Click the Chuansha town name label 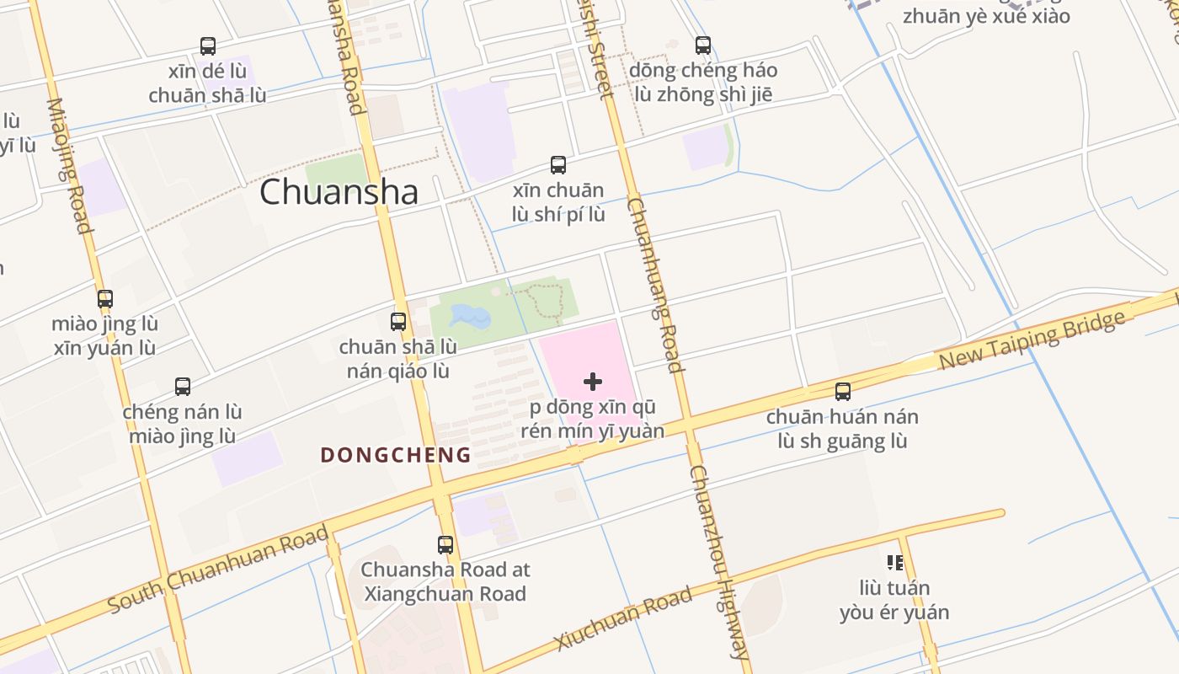tap(339, 192)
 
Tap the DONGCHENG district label tap(395, 455)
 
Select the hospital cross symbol tap(593, 382)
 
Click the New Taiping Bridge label tap(1032, 340)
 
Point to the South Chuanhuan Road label tap(218, 570)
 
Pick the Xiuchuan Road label tap(623, 618)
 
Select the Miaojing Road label tap(68, 165)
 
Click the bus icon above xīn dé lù tap(208, 46)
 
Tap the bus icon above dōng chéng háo tap(703, 45)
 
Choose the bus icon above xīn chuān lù tap(557, 165)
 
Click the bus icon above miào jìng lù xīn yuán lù tap(105, 299)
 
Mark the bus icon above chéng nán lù tap(183, 387)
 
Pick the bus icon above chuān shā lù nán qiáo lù tap(398, 321)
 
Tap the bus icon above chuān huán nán tap(842, 392)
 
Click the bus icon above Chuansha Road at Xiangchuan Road tap(445, 545)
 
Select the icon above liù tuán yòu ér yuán tap(894, 562)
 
